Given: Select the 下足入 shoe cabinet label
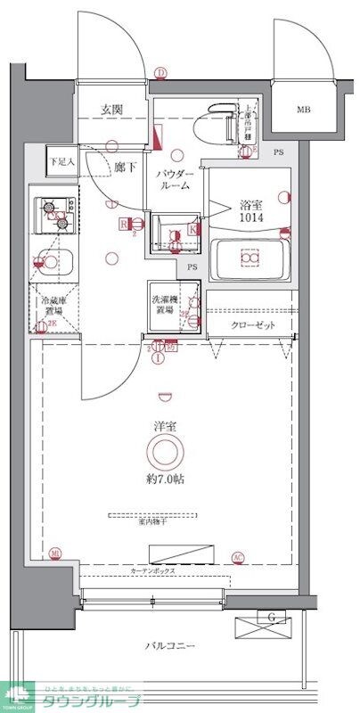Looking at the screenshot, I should [x=61, y=161].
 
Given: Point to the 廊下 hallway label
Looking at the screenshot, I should [x=126, y=167].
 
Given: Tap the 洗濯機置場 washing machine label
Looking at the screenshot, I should [x=164, y=305].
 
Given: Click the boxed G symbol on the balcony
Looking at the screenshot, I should [x=268, y=617].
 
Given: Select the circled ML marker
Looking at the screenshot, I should [x=56, y=553].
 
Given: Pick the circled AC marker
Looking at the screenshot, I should [x=237, y=559].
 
